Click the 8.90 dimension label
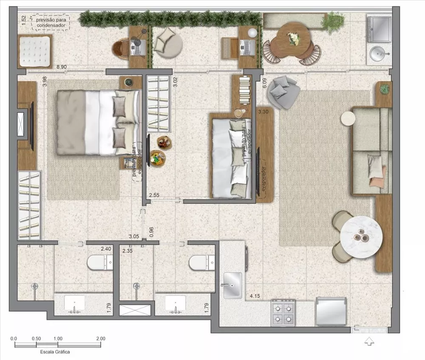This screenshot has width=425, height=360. (62, 67)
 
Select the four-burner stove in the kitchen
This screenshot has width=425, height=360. (283, 312)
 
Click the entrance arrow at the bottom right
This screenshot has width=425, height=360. (369, 340)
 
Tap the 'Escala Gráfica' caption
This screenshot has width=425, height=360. (55, 352)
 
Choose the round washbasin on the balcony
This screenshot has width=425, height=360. (378, 54)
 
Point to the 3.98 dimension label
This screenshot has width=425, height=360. (45, 82)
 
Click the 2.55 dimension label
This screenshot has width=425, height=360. (154, 195)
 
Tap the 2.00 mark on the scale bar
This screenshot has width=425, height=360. (101, 339)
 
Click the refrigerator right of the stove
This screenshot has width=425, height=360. (331, 312)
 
